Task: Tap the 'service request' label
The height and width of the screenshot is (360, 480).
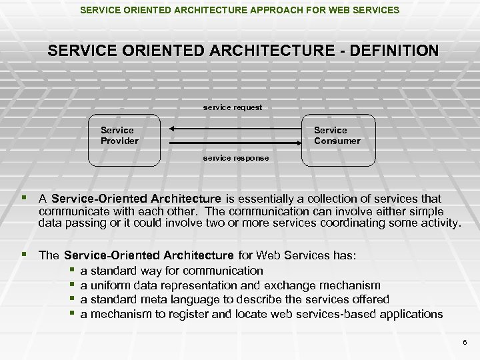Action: [233, 107]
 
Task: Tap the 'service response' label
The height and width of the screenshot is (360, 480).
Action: [236, 159]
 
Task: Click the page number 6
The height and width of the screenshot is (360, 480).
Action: [465, 341]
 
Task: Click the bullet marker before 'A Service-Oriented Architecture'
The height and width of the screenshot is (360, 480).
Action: [25, 199]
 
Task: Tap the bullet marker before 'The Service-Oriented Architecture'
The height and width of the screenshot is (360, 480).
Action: [25, 255]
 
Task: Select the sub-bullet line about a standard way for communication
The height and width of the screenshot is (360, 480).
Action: [171, 271]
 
